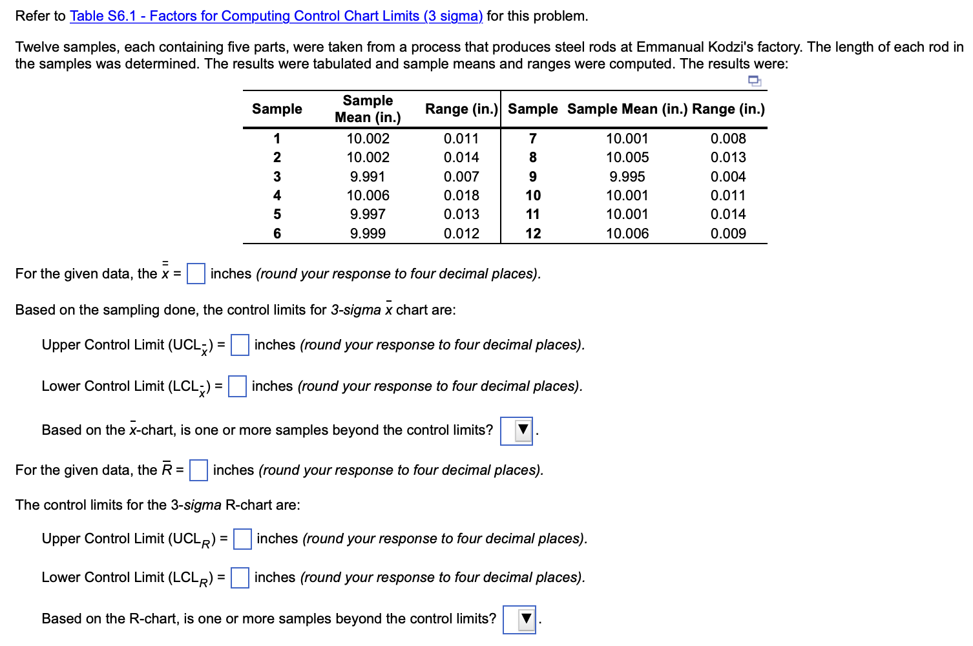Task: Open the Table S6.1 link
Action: (x=276, y=16)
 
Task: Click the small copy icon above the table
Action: (x=754, y=81)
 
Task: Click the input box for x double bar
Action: (x=196, y=274)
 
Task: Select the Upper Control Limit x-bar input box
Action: (x=240, y=345)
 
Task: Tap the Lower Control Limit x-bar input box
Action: (x=237, y=386)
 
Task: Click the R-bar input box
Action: (x=198, y=470)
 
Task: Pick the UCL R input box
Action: (x=242, y=539)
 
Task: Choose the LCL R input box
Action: (x=240, y=578)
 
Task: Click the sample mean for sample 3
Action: (x=368, y=177)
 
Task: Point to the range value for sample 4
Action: (x=461, y=196)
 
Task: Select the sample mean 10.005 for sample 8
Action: (x=627, y=158)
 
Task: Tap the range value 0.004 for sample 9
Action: (x=728, y=177)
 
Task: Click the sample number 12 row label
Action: (x=533, y=234)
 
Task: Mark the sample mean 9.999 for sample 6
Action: (x=368, y=234)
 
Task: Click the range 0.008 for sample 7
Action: (x=728, y=139)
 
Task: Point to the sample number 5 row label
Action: (x=277, y=214)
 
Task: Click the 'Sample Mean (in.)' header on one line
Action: (x=627, y=109)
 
